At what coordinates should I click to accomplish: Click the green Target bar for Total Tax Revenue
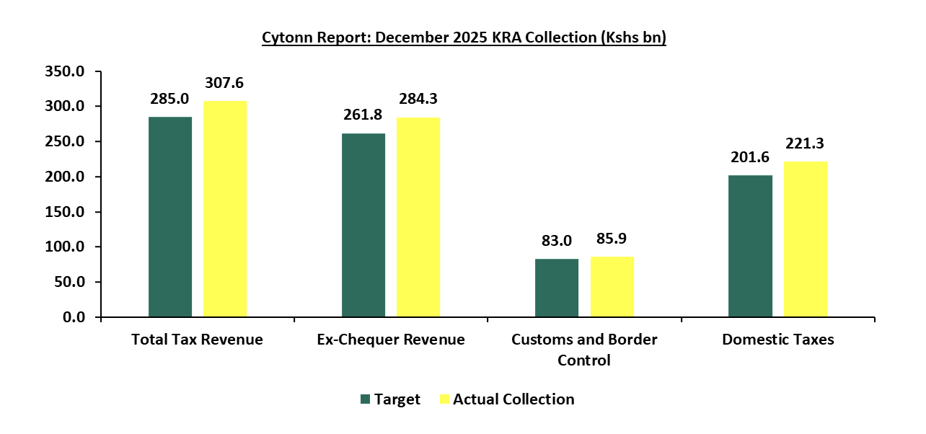click(x=170, y=216)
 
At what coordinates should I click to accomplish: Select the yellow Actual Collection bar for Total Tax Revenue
click(x=224, y=208)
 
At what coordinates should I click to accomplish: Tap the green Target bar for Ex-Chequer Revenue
click(x=363, y=225)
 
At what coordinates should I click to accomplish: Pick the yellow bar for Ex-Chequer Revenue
click(x=418, y=217)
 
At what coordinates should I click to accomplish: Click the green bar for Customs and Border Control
click(x=557, y=288)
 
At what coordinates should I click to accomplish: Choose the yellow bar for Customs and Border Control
click(x=612, y=286)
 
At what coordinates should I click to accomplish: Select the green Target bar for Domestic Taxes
click(x=750, y=246)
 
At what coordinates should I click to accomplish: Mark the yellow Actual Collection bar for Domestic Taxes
click(x=806, y=239)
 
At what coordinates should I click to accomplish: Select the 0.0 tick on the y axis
click(x=75, y=317)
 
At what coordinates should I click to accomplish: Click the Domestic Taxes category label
click(x=777, y=340)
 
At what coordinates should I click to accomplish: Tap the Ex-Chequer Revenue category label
click(x=391, y=340)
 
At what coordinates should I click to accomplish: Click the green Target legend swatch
click(x=365, y=399)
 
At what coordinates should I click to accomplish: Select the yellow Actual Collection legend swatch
click(x=444, y=399)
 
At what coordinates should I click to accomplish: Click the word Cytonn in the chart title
click(x=286, y=37)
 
